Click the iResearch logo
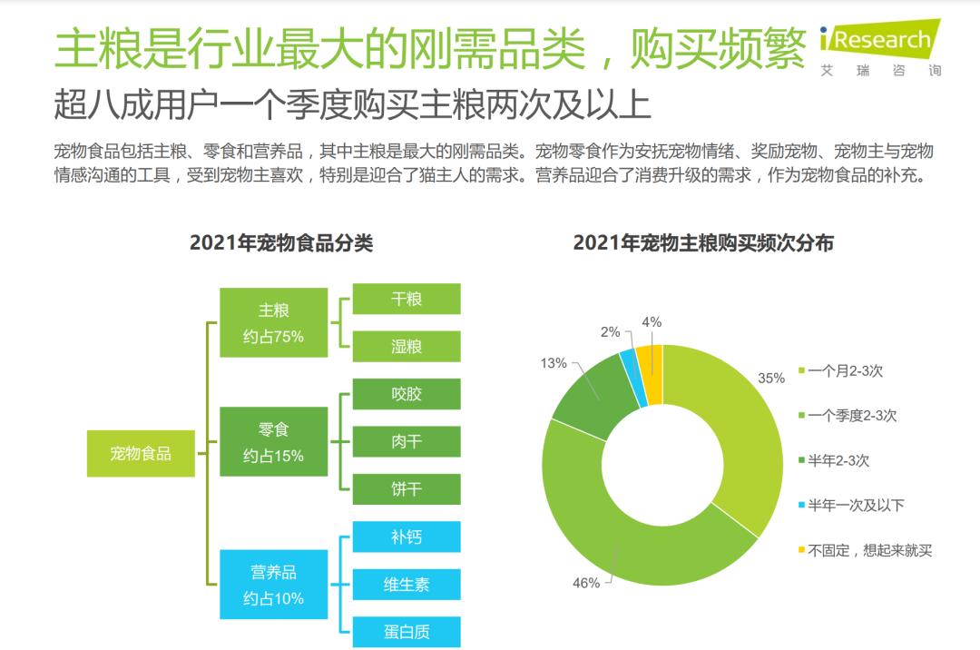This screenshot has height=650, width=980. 879,45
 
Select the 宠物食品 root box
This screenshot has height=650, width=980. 141,452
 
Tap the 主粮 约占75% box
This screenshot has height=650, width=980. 273,322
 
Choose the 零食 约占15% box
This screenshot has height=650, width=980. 273,442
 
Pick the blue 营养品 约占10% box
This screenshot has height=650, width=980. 273,586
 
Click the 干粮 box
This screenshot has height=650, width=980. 406,299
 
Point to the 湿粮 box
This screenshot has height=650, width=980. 406,347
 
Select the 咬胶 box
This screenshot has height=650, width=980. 406,394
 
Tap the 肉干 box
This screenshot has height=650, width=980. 406,442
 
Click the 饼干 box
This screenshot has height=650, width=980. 406,489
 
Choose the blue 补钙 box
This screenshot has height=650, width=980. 406,537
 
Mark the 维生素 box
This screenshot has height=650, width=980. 406,585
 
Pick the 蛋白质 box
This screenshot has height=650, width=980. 406,632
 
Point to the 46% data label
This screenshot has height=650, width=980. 585,583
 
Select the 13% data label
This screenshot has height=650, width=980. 553,363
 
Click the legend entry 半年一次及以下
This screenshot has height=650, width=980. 855,505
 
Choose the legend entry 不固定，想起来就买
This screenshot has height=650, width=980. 869,549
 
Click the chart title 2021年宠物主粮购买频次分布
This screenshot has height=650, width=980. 703,243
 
